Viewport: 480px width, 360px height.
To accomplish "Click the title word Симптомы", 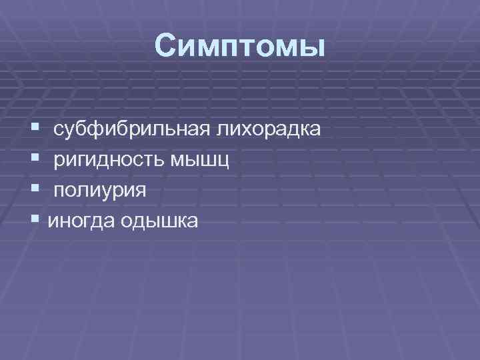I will click(239, 47).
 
